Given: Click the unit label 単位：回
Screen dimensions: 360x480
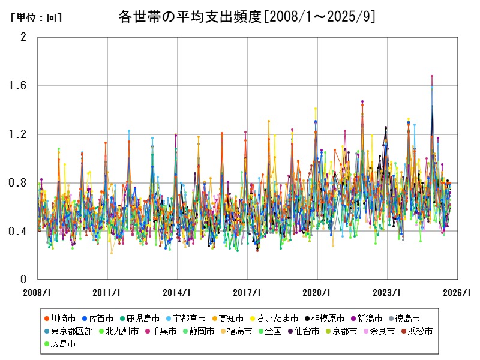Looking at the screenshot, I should coord(37,18).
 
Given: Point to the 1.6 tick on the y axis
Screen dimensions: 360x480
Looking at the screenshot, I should coord(19,86).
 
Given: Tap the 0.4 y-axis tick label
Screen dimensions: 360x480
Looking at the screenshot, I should coord(19,232).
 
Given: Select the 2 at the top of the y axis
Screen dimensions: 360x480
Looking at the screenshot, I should coord(23,37).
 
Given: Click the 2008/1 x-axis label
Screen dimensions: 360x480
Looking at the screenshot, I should coord(37,292).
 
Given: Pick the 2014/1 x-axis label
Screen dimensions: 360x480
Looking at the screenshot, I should coord(178,292).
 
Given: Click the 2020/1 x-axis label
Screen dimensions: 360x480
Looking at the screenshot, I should coord(317,292).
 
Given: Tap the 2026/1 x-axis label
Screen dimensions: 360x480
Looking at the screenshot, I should coord(457,292).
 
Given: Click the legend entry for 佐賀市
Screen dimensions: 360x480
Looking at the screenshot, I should coord(101,318).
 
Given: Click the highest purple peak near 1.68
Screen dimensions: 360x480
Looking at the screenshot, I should coord(432,77).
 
